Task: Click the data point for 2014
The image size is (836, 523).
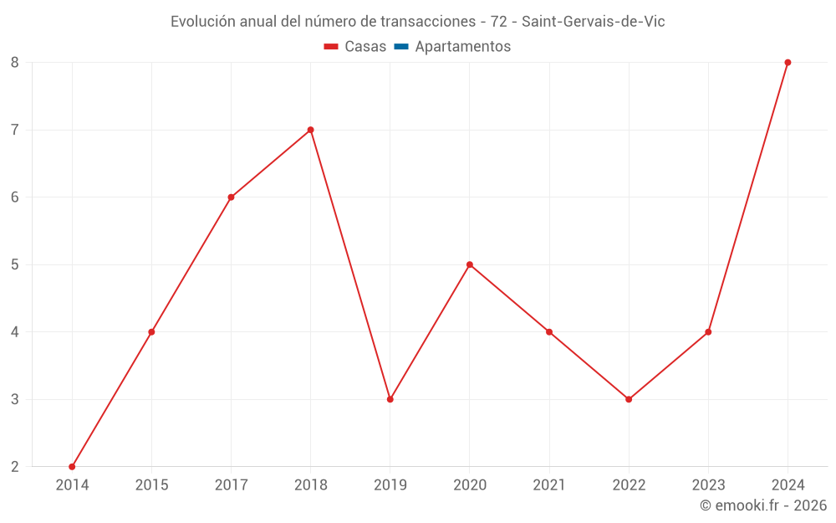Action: coord(72,466)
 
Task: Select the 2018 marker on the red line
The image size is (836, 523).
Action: coord(310,130)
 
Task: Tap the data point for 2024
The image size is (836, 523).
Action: coord(788,62)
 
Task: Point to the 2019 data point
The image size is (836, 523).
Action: coord(390,399)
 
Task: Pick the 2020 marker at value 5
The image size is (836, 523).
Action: coord(469,264)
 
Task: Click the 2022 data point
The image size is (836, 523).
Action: coord(629,399)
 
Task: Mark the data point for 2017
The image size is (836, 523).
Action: coord(231,197)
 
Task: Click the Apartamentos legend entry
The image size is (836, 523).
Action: coord(462,47)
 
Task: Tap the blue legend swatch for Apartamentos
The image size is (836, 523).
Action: coord(400,47)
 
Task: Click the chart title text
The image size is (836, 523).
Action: coord(417,22)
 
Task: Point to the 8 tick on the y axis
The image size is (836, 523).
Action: coord(15,63)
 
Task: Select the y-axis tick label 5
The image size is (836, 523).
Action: coord(15,264)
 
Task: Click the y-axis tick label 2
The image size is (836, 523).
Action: coord(15,466)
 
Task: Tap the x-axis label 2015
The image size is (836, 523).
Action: coord(151,485)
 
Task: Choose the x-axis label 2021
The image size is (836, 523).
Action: coord(549,485)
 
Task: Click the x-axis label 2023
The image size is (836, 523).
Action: coord(708,485)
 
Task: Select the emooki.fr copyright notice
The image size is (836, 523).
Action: coord(762,505)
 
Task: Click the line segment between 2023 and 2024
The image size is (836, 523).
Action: coord(748,197)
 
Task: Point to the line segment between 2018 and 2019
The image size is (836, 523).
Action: coord(350,264)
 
